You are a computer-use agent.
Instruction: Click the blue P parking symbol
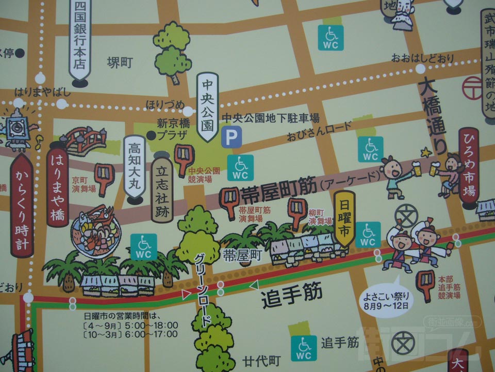[x=230, y=138]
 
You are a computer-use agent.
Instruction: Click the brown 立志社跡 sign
[x=162, y=188]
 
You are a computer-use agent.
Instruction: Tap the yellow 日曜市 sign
[x=344, y=218]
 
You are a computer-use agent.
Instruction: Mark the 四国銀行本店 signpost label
[x=79, y=39]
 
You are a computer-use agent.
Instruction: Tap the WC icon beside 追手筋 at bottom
[x=304, y=348]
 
